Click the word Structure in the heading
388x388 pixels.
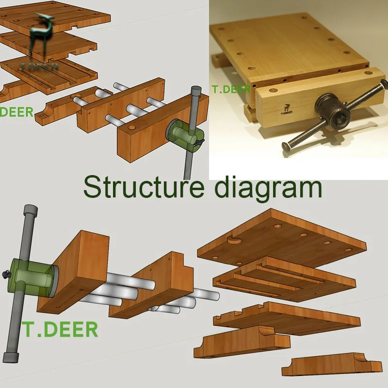coord(144,187)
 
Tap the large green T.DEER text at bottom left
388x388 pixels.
coord(60,329)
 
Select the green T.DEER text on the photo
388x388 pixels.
coord(231,90)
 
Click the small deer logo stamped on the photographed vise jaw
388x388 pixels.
coord(287,110)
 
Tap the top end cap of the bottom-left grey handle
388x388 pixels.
coord(31,211)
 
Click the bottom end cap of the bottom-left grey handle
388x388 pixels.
coord(11,357)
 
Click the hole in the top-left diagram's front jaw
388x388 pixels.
coord(132,128)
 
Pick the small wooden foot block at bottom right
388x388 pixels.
coord(332,366)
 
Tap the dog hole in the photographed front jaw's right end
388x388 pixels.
coord(368,73)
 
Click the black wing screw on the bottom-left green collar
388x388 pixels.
coord(7,274)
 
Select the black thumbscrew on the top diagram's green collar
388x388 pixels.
coord(199,142)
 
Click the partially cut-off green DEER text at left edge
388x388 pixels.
coord(16,112)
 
